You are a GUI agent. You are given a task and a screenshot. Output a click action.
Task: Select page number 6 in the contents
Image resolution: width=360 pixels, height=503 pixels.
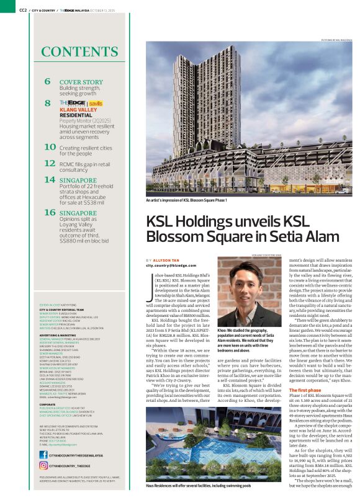click(48, 81)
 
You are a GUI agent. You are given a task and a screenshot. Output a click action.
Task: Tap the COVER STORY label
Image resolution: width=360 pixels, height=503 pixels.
click(81, 82)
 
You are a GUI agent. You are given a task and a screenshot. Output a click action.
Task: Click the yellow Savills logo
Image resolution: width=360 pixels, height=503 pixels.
click(96, 102)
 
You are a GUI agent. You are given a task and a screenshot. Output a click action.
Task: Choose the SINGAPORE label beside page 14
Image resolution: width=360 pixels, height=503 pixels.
click(78, 180)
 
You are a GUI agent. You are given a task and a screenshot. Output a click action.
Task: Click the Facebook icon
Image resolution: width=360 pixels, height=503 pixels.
click(43, 454)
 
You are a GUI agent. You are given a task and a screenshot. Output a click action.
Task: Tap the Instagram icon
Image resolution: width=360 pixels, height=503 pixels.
click(43, 465)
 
